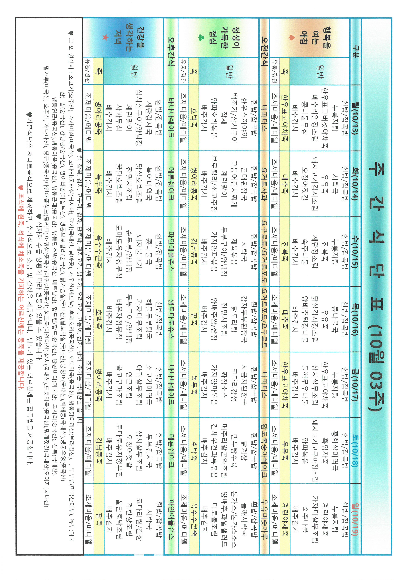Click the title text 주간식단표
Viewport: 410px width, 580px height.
376,291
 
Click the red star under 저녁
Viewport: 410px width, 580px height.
105,38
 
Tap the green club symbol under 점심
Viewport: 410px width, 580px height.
201,38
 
